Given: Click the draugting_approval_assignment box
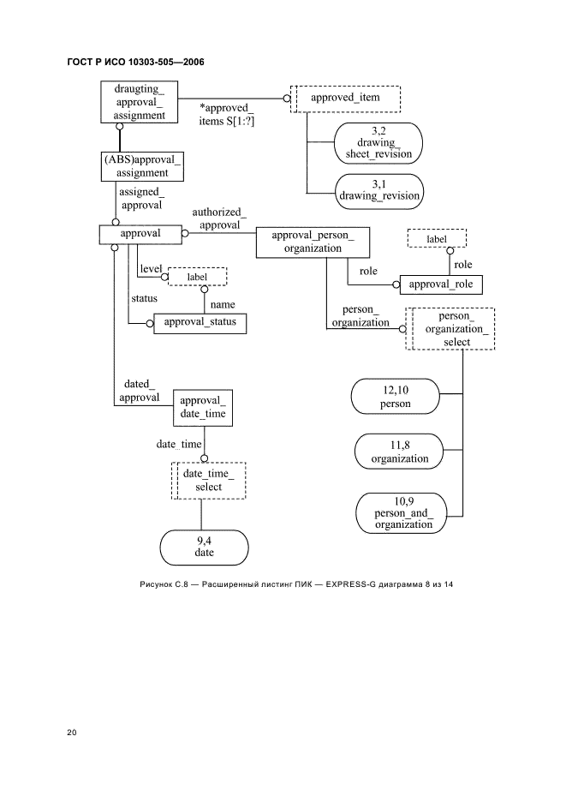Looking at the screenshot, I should tap(140, 101).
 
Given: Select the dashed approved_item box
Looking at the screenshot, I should tap(345, 99).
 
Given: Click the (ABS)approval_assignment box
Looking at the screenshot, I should tap(143, 166).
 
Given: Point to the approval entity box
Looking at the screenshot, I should tap(140, 233).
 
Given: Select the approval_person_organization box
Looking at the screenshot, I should tap(312, 242).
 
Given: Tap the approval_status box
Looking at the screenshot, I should tap(200, 323).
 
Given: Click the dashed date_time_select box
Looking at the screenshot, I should tap(209, 480).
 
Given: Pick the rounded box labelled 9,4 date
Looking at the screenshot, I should tap(204, 548).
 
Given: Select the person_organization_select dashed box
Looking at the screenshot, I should tap(451, 329).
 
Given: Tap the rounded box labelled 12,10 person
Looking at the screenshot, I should tap(395, 398).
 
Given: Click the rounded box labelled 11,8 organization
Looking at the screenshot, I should tap(399, 452).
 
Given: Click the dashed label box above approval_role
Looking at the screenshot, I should tap(436, 237).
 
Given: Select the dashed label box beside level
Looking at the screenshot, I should tap(196, 276).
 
